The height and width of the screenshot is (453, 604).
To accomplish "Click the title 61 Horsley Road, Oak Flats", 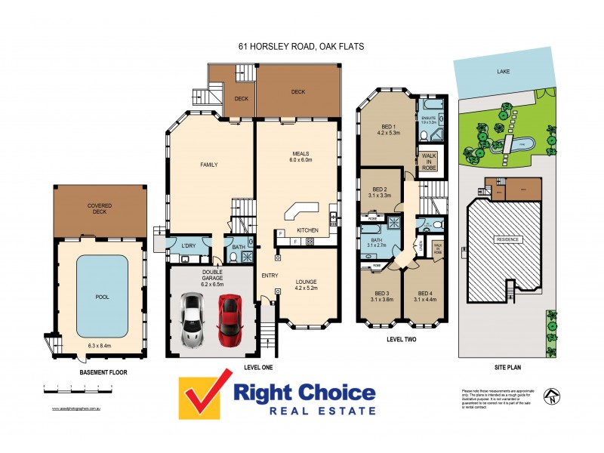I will pyautogui.click(x=301, y=47).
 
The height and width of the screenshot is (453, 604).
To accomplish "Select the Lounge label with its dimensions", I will pyautogui.click(x=306, y=285).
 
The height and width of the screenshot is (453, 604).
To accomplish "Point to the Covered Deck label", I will pyautogui.click(x=100, y=208).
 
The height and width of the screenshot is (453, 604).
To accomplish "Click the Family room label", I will pyautogui.click(x=208, y=164).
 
